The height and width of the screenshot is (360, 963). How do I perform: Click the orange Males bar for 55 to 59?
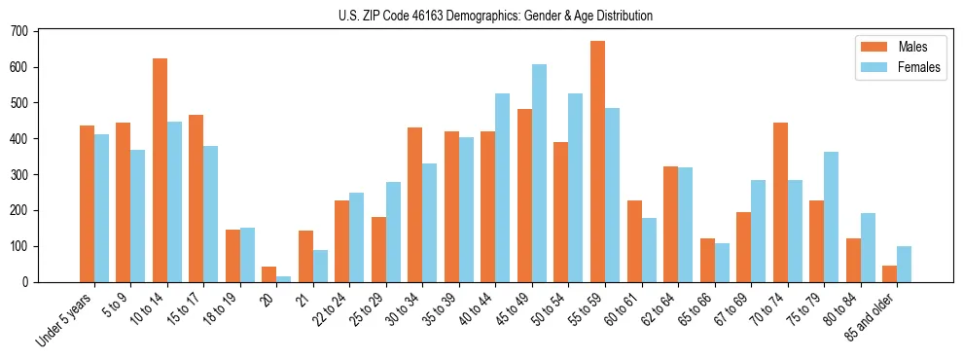click(x=597, y=162)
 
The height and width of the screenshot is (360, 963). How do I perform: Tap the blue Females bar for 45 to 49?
click(x=539, y=173)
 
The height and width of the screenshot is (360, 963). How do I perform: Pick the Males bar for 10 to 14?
click(x=160, y=170)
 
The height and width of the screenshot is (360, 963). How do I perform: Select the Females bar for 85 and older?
click(x=904, y=264)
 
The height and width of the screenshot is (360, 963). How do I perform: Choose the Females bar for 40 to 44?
click(x=503, y=188)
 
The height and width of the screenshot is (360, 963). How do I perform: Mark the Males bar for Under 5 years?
click(x=87, y=203)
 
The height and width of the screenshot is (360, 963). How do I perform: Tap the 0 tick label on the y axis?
click(x=27, y=282)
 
